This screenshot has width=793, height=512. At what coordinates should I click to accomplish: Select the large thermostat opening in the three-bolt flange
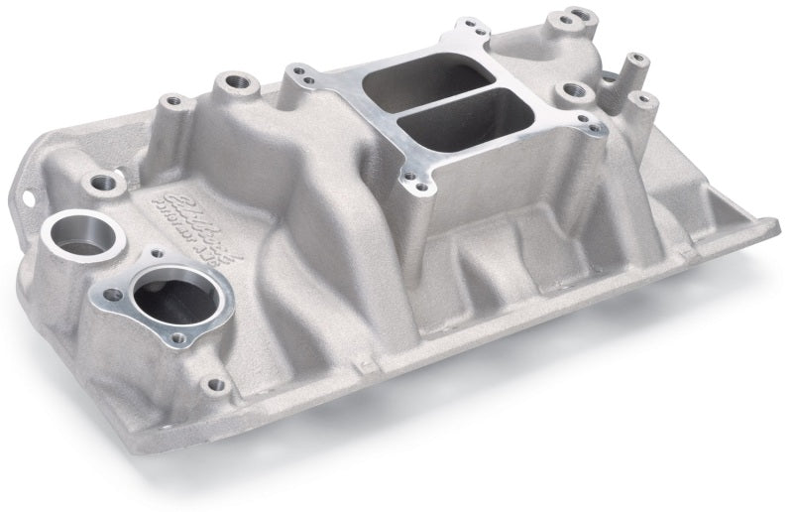[164, 298]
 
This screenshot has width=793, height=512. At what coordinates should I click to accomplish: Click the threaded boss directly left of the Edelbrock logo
[102, 182]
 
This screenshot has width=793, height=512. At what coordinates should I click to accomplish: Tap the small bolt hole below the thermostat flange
[209, 382]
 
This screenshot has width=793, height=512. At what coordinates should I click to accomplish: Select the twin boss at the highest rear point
[571, 18]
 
